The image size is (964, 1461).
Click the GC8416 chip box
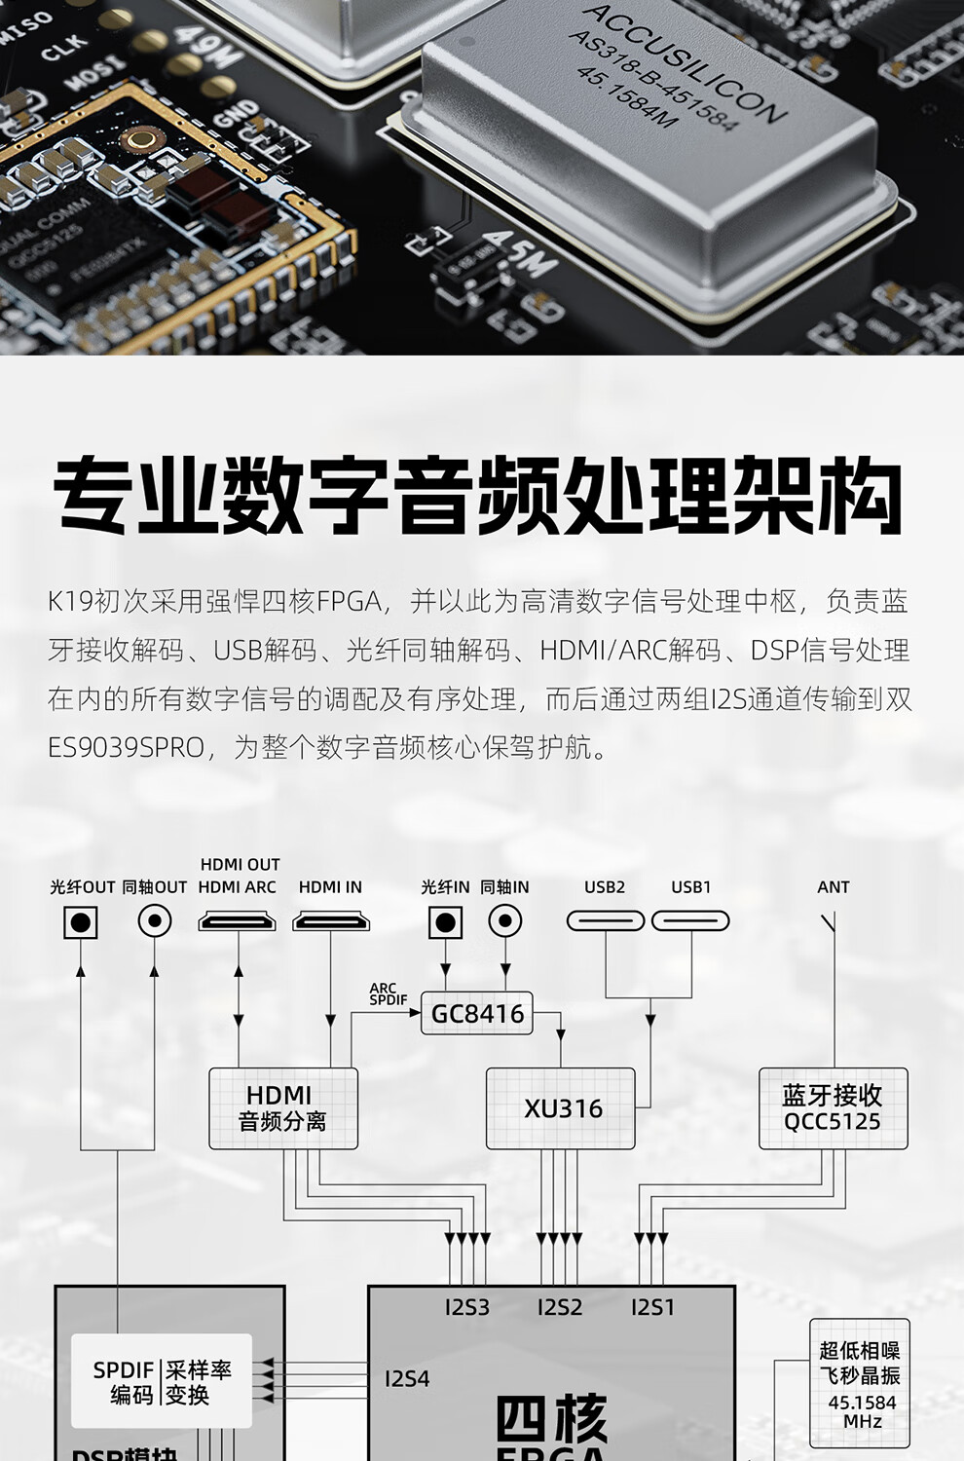[477, 1014]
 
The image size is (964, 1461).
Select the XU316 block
[561, 1108]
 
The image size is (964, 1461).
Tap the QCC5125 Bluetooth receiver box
[833, 1108]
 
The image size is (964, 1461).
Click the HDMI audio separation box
[283, 1108]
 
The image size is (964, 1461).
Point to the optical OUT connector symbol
[81, 921]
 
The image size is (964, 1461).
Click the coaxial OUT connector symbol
[155, 920]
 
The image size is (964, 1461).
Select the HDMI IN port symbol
[331, 920]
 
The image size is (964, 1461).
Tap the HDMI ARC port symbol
[237, 920]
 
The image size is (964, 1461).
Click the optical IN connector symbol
[445, 921]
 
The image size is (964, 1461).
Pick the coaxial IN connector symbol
[504, 920]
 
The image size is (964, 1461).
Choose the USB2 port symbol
[606, 920]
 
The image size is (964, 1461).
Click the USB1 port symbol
[690, 920]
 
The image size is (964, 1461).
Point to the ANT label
[834, 887]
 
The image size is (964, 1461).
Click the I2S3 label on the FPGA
[467, 1307]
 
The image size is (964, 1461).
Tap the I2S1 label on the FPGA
[652, 1307]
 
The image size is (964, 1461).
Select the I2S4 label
[407, 1378]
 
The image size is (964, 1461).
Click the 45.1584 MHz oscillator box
[860, 1383]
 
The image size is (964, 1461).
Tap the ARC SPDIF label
[388, 993]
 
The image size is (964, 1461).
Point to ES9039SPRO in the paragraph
[127, 748]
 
